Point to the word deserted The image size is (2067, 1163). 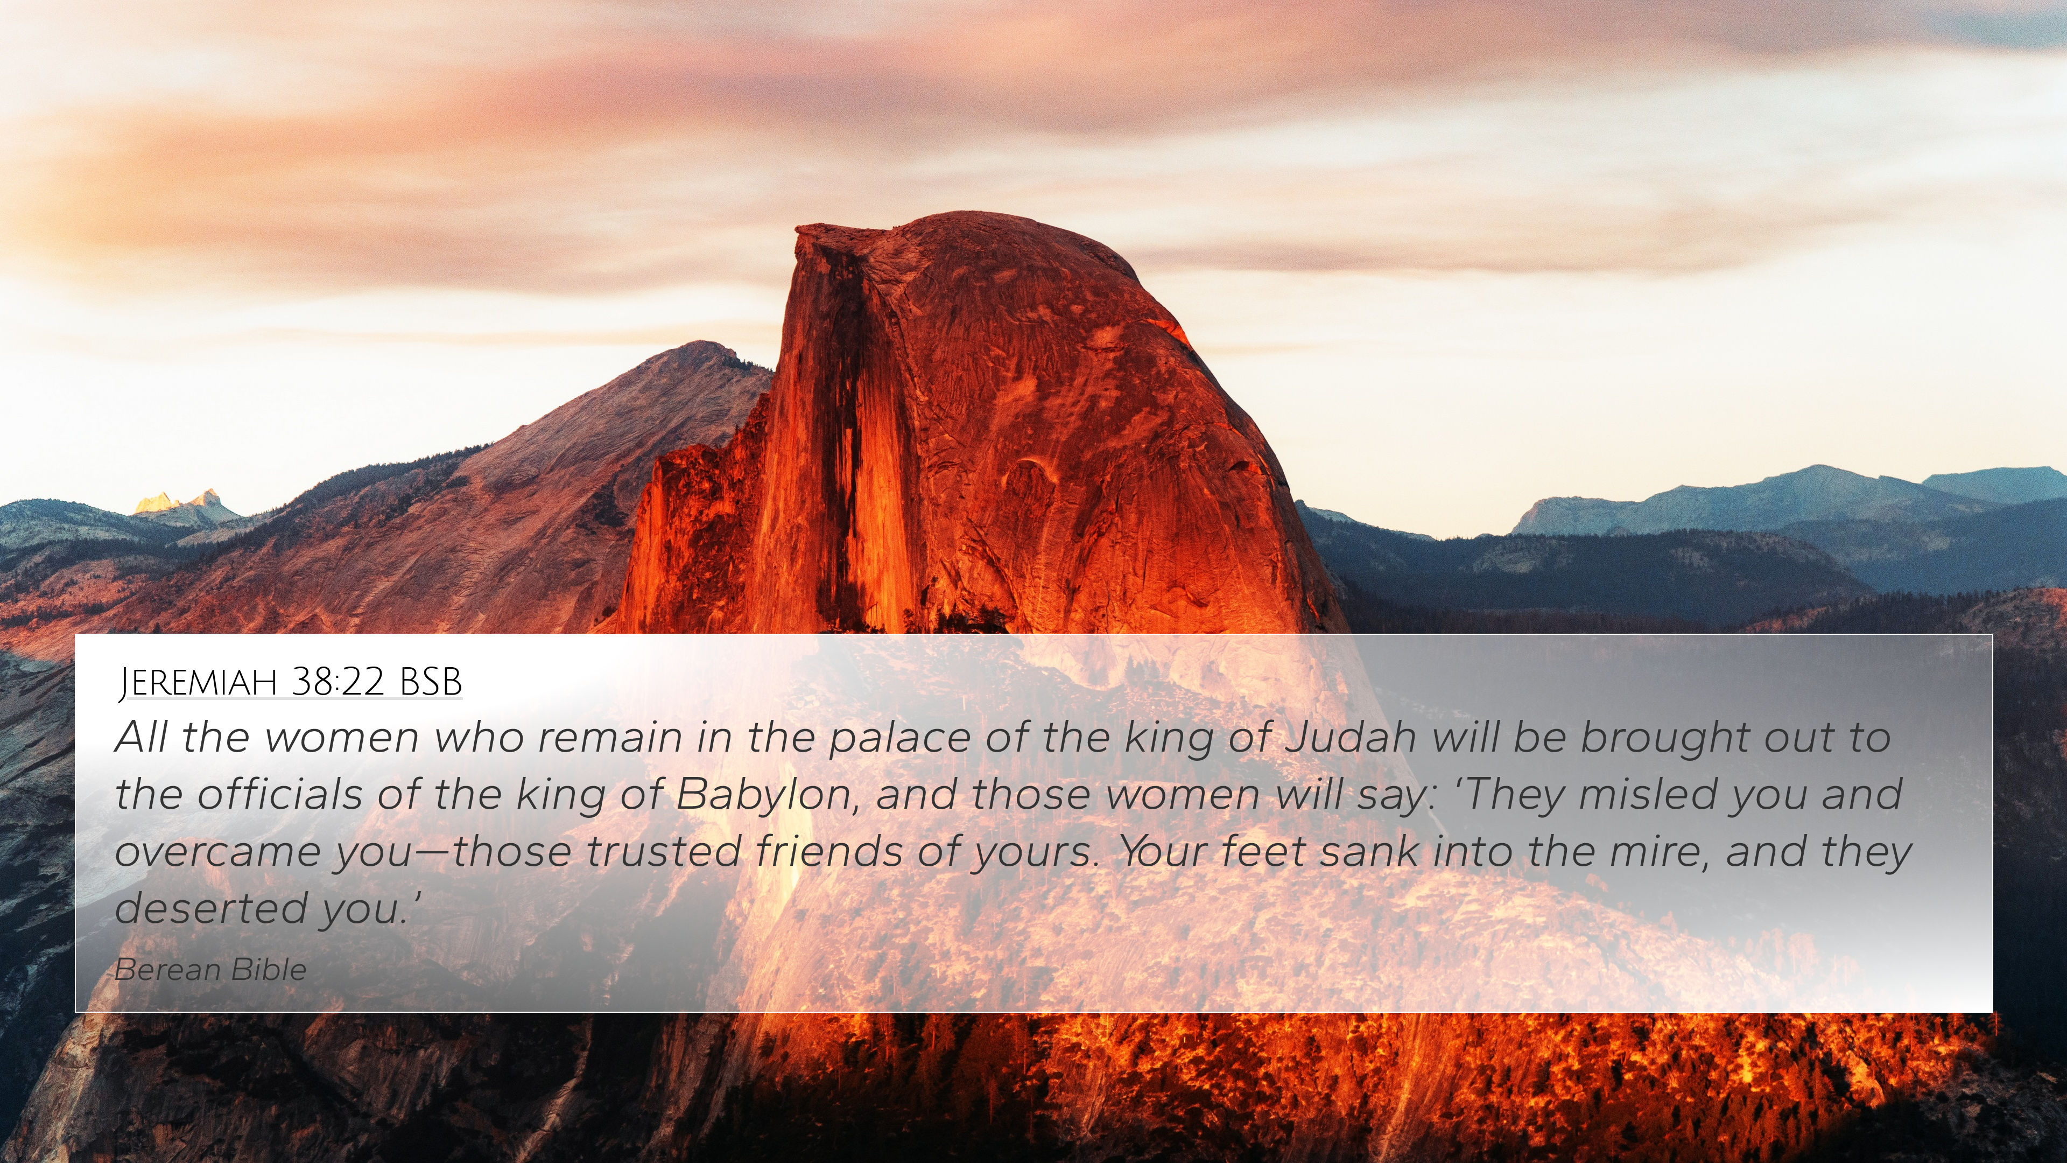click(211, 908)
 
